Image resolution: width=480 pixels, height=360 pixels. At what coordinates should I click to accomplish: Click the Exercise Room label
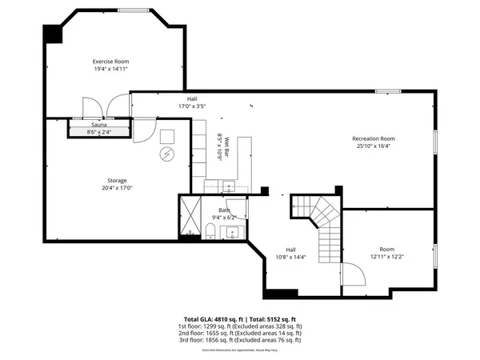click(x=110, y=62)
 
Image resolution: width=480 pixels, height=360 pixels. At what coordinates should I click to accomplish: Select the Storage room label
click(x=117, y=180)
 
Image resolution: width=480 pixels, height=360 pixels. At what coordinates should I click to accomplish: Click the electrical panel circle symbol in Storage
click(x=168, y=154)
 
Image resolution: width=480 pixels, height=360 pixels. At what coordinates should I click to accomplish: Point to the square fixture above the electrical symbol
click(x=168, y=135)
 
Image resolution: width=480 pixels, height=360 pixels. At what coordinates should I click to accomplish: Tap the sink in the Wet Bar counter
click(x=228, y=186)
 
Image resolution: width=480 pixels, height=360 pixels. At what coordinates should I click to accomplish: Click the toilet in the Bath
click(x=209, y=232)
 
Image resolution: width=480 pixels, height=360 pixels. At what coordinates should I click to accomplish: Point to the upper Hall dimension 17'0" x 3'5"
click(x=170, y=105)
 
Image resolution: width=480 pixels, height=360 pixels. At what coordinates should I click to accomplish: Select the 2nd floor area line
click(x=240, y=332)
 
